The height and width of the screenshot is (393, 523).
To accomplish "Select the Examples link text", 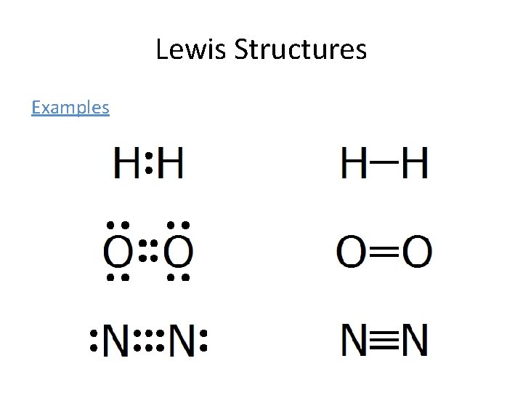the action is pyautogui.click(x=70, y=108).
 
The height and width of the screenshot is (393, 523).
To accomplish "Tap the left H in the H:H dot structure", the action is pyautogui.click(x=126, y=162).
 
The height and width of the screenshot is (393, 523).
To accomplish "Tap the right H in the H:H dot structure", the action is pyautogui.click(x=170, y=162).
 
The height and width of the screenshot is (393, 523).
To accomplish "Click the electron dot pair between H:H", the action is pyautogui.click(x=147, y=162).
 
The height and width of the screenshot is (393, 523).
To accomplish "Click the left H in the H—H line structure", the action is pyautogui.click(x=355, y=162).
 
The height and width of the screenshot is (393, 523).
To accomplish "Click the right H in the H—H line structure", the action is pyautogui.click(x=414, y=162).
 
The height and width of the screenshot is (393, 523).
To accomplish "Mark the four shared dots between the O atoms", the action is pyautogui.click(x=148, y=252).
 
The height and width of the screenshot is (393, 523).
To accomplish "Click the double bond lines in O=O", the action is pyautogui.click(x=385, y=253).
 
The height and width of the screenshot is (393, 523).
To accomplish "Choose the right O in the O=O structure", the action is pyautogui.click(x=416, y=253).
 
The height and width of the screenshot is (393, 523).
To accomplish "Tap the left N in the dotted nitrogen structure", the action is pyautogui.click(x=115, y=340).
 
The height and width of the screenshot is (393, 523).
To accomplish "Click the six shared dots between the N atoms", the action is pyautogui.click(x=150, y=341).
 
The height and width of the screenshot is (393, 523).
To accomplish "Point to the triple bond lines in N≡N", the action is pyautogui.click(x=385, y=340).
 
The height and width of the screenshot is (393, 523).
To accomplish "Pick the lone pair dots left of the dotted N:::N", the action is pyautogui.click(x=94, y=341).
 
